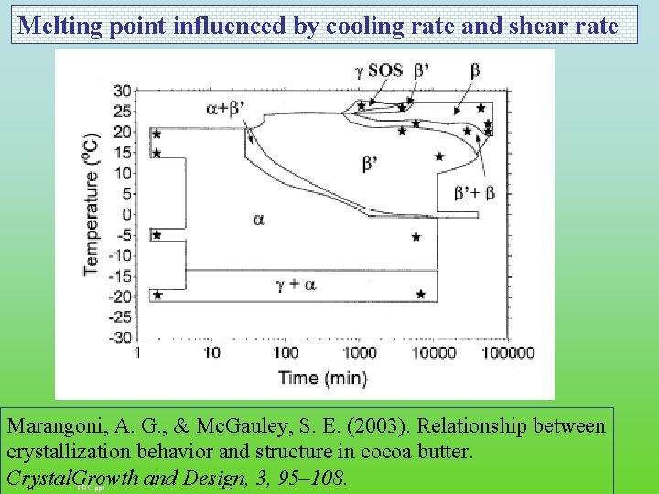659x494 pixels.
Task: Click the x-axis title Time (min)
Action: (323, 378)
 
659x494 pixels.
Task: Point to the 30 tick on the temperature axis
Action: (122, 90)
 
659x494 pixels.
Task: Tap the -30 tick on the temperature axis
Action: (119, 338)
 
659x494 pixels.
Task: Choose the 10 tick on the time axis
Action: (211, 353)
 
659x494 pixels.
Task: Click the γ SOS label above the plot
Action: (374, 70)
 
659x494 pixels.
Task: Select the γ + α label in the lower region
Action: (296, 285)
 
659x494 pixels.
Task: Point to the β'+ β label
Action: (475, 192)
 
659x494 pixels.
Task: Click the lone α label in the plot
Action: (259, 220)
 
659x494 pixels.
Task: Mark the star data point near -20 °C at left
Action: (157, 295)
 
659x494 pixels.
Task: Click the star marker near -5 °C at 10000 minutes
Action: (416, 237)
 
